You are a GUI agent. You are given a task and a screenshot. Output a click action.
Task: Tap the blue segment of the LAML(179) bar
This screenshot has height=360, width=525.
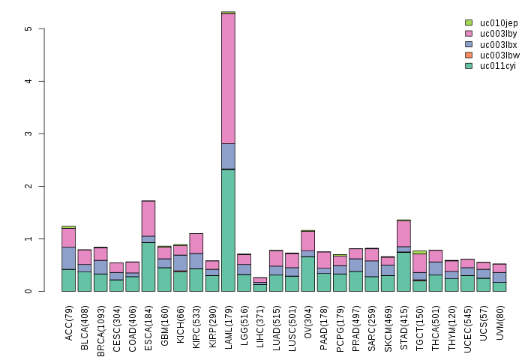click(228, 156)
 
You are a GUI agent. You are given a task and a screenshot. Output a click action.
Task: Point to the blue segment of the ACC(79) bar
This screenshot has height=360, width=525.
click(68, 258)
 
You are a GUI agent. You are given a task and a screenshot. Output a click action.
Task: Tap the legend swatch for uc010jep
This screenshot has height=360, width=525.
click(469, 23)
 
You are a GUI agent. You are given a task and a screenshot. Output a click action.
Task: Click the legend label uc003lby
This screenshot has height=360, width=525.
click(499, 34)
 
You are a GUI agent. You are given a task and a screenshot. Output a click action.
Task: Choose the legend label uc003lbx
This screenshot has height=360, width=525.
click(499, 44)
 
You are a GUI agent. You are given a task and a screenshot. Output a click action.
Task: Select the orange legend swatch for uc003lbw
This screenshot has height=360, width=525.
click(469, 55)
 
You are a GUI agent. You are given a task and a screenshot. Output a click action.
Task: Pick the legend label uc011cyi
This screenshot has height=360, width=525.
click(499, 66)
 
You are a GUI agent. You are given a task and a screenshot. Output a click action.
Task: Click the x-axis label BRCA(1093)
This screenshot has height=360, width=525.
click(101, 320)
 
